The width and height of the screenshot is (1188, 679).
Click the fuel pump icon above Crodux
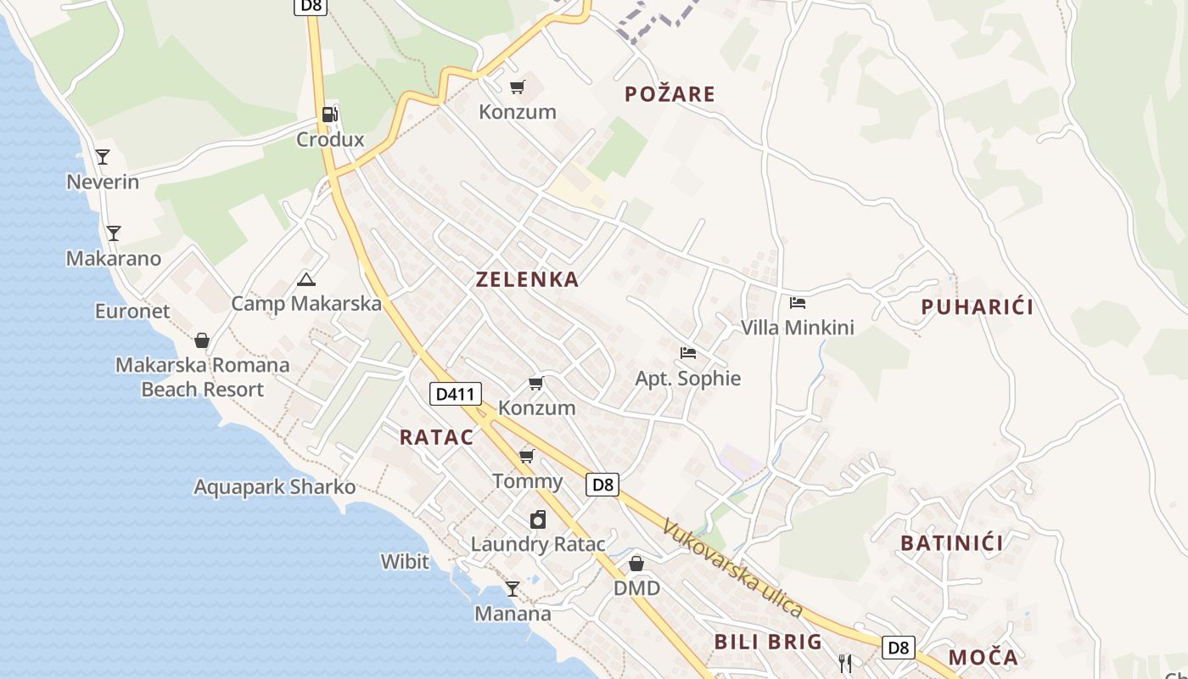329,115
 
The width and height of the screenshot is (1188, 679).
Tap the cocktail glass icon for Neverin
103,157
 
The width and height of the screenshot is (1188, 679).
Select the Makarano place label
114,259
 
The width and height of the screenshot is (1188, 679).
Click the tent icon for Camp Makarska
306,279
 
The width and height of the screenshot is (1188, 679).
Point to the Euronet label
132,311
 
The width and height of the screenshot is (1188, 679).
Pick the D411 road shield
456,394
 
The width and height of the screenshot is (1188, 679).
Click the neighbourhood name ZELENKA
527,279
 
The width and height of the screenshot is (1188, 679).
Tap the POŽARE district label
670,94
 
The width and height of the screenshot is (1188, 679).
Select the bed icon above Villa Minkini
797,303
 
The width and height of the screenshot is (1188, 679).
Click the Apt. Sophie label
687,379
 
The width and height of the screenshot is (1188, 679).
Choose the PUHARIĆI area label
978,307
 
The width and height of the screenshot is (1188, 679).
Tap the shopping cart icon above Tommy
527,457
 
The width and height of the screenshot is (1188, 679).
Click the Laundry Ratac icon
538,519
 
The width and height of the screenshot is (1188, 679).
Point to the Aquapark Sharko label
274,487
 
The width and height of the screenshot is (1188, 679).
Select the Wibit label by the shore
405,562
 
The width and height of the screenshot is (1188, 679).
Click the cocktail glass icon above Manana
513,588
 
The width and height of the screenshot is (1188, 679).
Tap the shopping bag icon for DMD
636,564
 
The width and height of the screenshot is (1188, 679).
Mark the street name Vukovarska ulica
732,568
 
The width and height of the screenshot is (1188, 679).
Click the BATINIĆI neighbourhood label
952,543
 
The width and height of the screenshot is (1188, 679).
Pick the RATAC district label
436,437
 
